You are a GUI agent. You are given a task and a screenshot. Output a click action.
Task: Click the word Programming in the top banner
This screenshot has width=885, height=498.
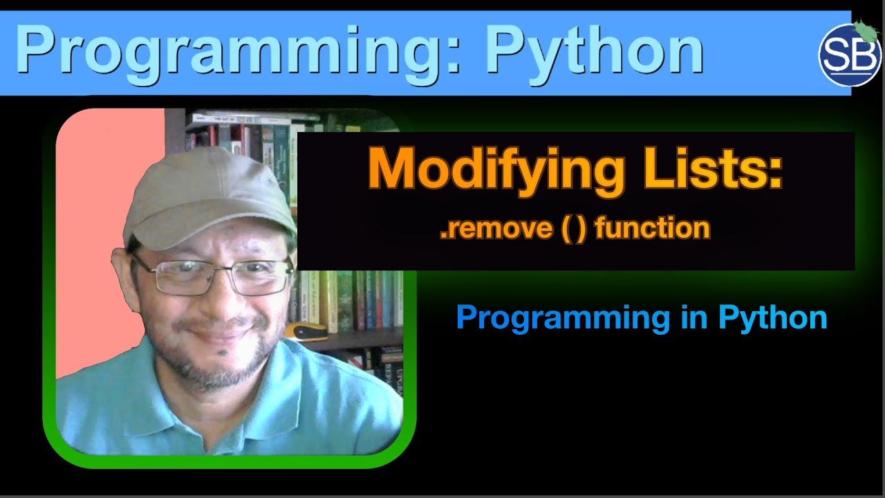click(228, 50)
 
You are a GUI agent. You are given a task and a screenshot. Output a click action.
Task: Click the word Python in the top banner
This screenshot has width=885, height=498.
click(593, 50)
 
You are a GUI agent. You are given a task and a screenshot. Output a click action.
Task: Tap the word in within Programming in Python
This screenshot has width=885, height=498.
click(693, 317)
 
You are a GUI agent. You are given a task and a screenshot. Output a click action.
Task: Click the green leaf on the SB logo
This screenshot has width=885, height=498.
click(864, 30)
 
